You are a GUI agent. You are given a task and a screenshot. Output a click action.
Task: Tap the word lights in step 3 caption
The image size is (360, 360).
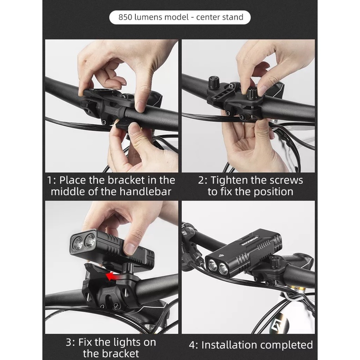pos(126,342)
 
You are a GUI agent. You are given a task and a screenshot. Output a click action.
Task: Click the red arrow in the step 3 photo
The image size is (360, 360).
pos(113,276)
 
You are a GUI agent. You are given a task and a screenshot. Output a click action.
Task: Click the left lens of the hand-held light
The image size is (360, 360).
pos(78,243)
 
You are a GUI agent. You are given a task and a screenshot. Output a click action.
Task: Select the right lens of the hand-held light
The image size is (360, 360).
pos(90,241)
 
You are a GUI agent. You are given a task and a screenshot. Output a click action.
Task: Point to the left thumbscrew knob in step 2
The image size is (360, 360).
pos(214,83)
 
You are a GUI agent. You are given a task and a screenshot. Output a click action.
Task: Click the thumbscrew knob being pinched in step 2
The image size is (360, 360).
pos(252,93)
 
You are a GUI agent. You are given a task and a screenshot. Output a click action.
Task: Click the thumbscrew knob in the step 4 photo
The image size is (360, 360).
pos(275,262)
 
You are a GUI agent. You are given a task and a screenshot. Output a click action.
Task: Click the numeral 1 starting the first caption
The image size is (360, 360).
pos(50,180)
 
